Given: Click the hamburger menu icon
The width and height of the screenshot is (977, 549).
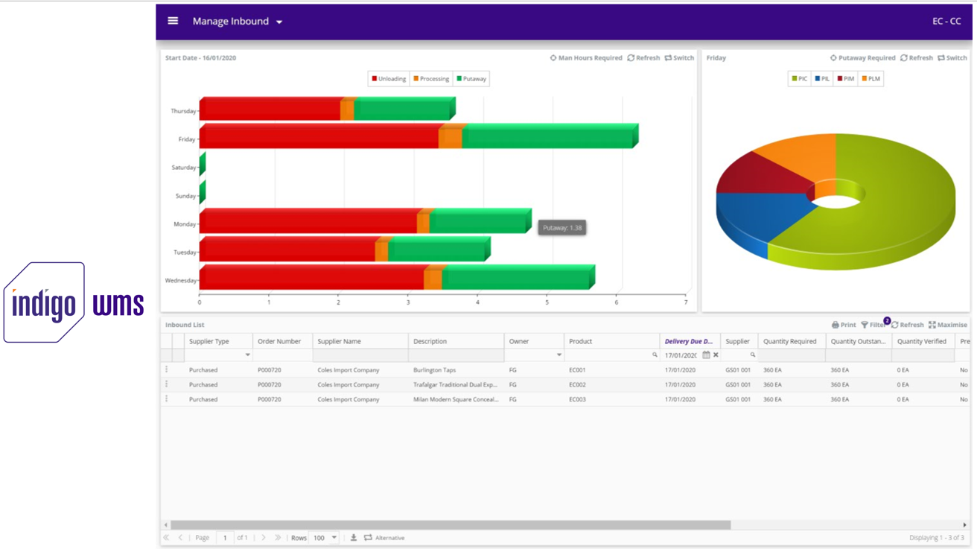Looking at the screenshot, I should pyautogui.click(x=173, y=21).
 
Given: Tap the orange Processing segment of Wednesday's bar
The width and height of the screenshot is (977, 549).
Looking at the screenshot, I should pyautogui.click(x=433, y=279).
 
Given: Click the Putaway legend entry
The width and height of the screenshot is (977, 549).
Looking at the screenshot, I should pyautogui.click(x=471, y=79).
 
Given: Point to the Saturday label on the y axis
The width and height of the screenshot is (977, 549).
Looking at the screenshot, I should pyautogui.click(x=183, y=168).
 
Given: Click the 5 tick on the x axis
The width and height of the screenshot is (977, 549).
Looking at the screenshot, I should pyautogui.click(x=547, y=302).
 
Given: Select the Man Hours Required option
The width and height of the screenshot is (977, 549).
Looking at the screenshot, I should pyautogui.click(x=586, y=58).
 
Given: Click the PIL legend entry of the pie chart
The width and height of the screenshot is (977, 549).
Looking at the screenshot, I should pyautogui.click(x=822, y=79).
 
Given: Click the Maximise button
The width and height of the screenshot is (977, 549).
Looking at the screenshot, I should pyautogui.click(x=947, y=325).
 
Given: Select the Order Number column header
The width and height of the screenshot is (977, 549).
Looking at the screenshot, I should pyautogui.click(x=279, y=341).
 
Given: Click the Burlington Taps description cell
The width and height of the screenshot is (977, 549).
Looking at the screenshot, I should pyautogui.click(x=434, y=370).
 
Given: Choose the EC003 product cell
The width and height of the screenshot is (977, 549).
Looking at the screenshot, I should pyautogui.click(x=577, y=399).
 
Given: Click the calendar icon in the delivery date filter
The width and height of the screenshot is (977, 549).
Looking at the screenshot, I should pyautogui.click(x=706, y=355).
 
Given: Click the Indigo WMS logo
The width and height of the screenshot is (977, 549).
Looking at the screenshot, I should pyautogui.click(x=74, y=302).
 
